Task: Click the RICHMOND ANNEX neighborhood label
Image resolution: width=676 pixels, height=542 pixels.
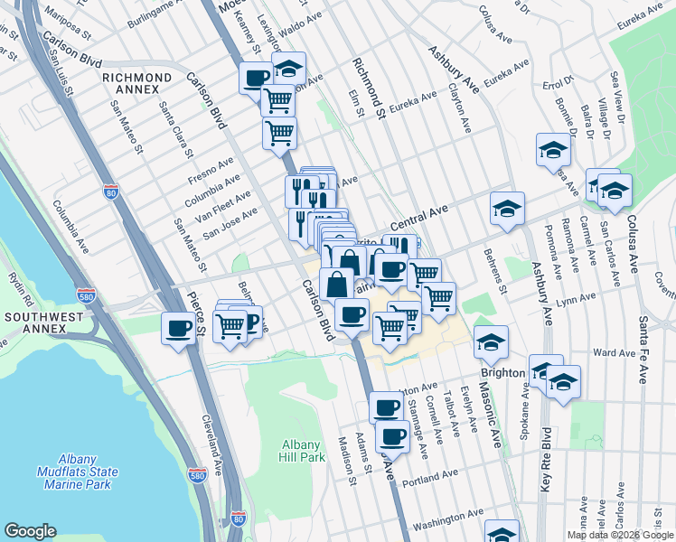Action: point(136,84)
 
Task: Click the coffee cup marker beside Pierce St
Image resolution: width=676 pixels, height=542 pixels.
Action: point(178,328)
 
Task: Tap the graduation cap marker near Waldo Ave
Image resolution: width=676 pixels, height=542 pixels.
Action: point(288,69)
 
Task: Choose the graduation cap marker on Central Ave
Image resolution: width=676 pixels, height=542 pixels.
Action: point(508,208)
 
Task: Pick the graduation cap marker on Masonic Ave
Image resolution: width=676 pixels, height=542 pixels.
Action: point(491,341)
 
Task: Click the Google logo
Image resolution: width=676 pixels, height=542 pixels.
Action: point(30,531)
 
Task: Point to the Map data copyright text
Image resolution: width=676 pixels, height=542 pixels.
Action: point(620,535)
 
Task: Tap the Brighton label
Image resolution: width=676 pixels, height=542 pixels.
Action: point(503,372)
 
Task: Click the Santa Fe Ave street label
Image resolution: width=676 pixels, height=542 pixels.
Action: point(643,348)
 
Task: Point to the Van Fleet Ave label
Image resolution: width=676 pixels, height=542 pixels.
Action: point(230,203)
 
